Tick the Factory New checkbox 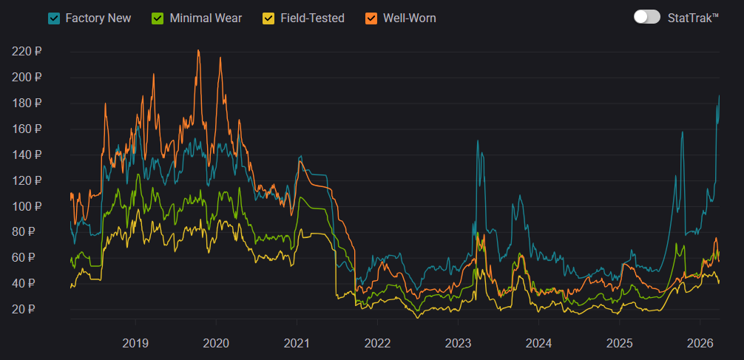tap(54, 18)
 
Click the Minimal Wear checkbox tap(158, 18)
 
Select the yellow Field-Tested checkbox tap(269, 18)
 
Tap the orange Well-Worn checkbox tap(371, 18)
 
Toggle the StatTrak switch tap(647, 17)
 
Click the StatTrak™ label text tap(692, 18)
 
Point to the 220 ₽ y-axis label tap(27, 52)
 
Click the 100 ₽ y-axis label tap(27, 206)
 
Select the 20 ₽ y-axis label tap(30, 309)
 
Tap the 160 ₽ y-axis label tap(27, 129)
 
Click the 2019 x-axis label tap(135, 343)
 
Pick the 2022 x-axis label tap(377, 343)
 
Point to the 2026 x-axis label tap(700, 343)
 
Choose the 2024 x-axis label tap(538, 343)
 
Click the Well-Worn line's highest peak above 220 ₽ tap(198, 51)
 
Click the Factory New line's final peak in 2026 tap(719, 96)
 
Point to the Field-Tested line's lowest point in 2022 tap(418, 317)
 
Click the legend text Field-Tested tap(313, 18)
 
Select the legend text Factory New tap(98, 18)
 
